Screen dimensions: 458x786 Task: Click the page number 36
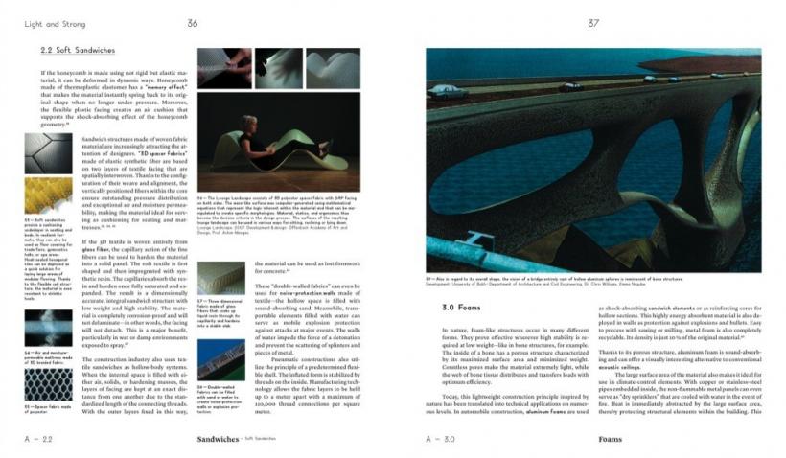click(193, 23)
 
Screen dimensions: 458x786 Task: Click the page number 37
click(593, 23)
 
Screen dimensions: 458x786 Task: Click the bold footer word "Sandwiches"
click(218, 439)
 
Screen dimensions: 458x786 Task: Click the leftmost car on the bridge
click(443, 90)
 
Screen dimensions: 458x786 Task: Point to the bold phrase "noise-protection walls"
click(297, 286)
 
